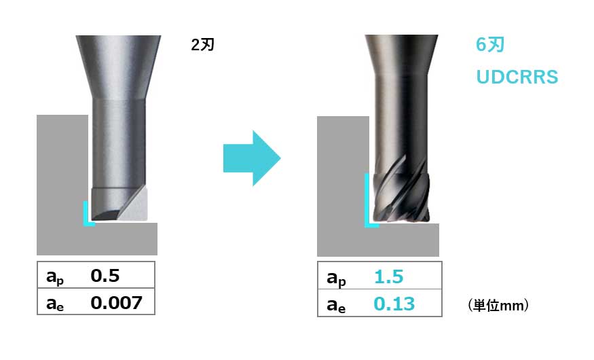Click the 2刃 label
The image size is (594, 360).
click(x=203, y=45)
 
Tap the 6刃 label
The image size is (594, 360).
click(x=490, y=45)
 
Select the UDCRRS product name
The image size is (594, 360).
click(x=517, y=77)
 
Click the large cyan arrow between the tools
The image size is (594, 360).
click(x=252, y=158)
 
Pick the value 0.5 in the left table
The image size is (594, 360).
click(x=105, y=276)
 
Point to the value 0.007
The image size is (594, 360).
click(x=116, y=302)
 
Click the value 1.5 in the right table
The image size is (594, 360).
click(x=389, y=276)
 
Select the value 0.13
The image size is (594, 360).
click(x=394, y=304)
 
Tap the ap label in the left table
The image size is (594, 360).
click(x=55, y=277)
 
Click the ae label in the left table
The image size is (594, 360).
click(x=55, y=304)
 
